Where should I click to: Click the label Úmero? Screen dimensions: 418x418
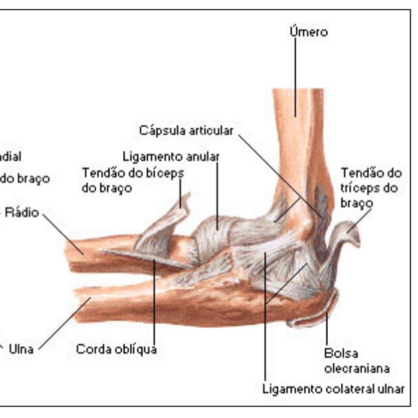(x=309, y=32)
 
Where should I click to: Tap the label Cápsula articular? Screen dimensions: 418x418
(x=186, y=130)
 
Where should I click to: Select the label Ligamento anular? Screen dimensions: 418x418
(x=171, y=156)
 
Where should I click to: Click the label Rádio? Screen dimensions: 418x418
(x=22, y=212)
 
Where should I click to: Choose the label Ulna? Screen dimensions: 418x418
(x=21, y=349)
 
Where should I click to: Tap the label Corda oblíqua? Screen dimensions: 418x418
(x=116, y=349)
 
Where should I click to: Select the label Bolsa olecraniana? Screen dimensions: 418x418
(x=356, y=361)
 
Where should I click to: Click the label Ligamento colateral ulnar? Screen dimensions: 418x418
(x=333, y=389)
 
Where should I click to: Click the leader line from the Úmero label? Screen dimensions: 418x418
(x=295, y=78)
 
